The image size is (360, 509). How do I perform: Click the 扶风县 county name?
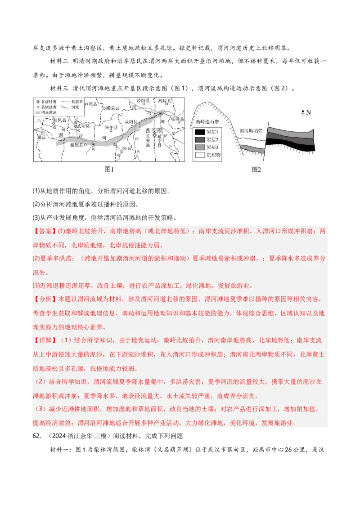pos(59,120)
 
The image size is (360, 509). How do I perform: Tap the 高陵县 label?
pos(160,100)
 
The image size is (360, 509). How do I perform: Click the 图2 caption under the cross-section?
pos(256,170)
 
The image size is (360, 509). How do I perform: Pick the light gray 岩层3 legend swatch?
pos(200,147)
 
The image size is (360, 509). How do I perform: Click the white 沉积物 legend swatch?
pos(200,155)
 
